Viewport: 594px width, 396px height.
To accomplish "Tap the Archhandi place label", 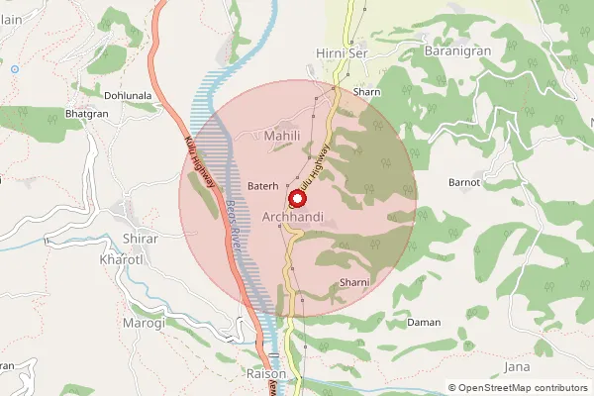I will pyautogui.click(x=295, y=217).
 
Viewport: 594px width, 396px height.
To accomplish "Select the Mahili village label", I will pyautogui.click(x=282, y=135).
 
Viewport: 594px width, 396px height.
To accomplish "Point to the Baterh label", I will pyautogui.click(x=263, y=185).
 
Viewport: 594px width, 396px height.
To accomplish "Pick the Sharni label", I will pyautogui.click(x=353, y=283).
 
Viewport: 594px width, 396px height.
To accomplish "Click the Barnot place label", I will pyautogui.click(x=464, y=183).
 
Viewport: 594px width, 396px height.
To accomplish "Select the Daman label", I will pyautogui.click(x=424, y=323).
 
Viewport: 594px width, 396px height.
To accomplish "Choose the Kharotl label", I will pyautogui.click(x=123, y=259).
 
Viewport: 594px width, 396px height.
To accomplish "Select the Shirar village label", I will pyautogui.click(x=140, y=239).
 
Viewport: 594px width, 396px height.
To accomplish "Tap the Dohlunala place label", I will pyautogui.click(x=122, y=96).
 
